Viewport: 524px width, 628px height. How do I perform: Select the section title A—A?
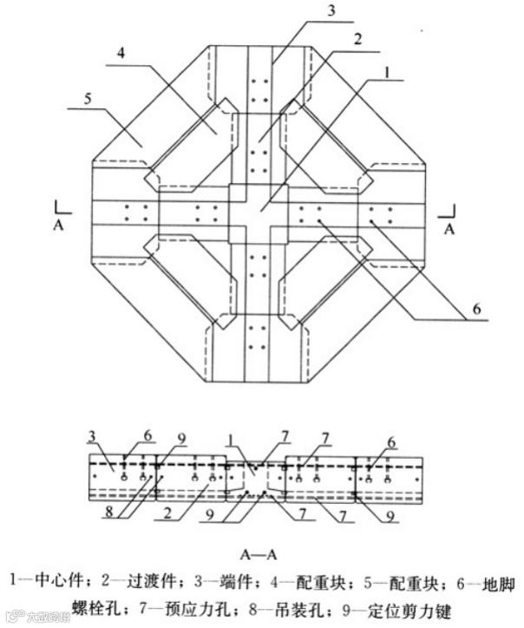[x=262, y=548]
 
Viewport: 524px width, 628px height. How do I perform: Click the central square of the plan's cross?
[x=257, y=213]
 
